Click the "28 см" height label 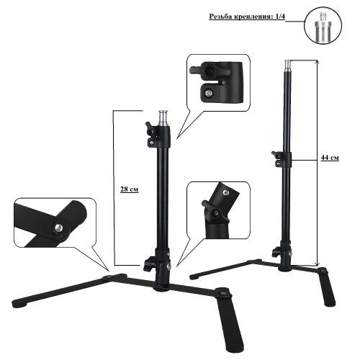tap(129, 189)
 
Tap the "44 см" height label tap(330, 158)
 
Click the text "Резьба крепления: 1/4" tap(247, 17)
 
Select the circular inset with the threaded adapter tap(323, 25)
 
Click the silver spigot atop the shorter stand tap(163, 118)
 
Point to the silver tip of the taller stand tap(288, 65)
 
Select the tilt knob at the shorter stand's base tap(149, 264)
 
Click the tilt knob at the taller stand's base tap(276, 252)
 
